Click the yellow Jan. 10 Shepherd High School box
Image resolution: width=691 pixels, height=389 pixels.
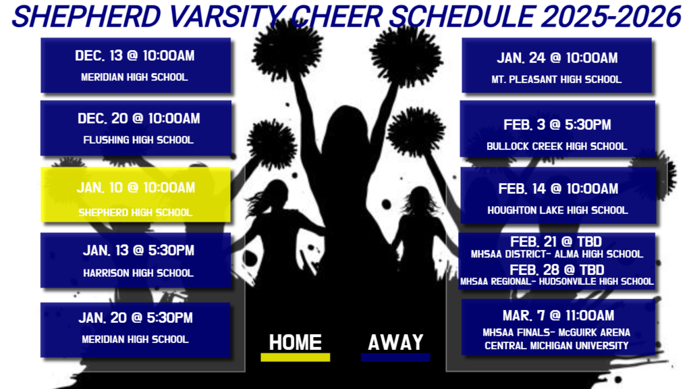[x=136, y=195]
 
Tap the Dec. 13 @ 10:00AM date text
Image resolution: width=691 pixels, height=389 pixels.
[x=136, y=55]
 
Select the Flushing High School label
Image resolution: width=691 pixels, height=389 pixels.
[x=138, y=140]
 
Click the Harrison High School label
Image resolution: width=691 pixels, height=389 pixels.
[x=138, y=273]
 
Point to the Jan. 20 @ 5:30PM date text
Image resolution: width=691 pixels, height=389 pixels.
[x=136, y=317]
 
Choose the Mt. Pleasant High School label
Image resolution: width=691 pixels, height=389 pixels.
[x=557, y=80]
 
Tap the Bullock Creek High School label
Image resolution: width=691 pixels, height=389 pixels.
[x=557, y=146]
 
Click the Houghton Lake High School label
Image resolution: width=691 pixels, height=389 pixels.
[x=557, y=210]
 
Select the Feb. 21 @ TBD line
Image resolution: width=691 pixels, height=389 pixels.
[x=557, y=242]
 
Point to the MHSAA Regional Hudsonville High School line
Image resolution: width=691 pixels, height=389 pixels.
[x=557, y=281]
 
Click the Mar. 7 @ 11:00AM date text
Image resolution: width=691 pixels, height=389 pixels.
[x=558, y=315]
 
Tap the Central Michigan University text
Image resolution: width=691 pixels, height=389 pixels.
[x=557, y=345]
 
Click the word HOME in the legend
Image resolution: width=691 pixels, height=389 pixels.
[x=296, y=342]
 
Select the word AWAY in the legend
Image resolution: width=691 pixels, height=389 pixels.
[x=395, y=342]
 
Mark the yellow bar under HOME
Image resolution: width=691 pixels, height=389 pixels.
[x=296, y=357]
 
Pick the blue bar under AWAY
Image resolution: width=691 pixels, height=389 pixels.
[x=395, y=357]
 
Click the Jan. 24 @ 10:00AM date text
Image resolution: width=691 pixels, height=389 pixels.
[x=557, y=58]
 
